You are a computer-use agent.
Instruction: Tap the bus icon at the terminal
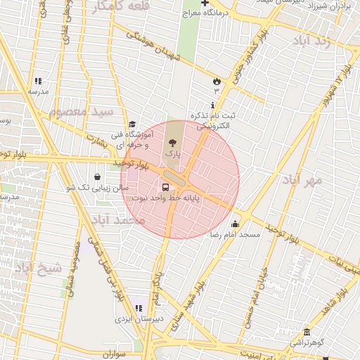(x=166, y=188)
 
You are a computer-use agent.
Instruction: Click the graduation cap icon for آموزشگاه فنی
(x=132, y=124)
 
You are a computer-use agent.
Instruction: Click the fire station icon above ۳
(x=216, y=81)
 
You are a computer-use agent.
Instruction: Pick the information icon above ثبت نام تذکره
(x=212, y=104)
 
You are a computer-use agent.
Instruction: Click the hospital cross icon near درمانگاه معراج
(x=205, y=3)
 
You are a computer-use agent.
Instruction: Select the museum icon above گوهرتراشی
(x=306, y=332)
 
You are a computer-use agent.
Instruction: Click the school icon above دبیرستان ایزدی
(x=138, y=308)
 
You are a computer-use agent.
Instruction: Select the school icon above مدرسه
(x=38, y=81)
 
